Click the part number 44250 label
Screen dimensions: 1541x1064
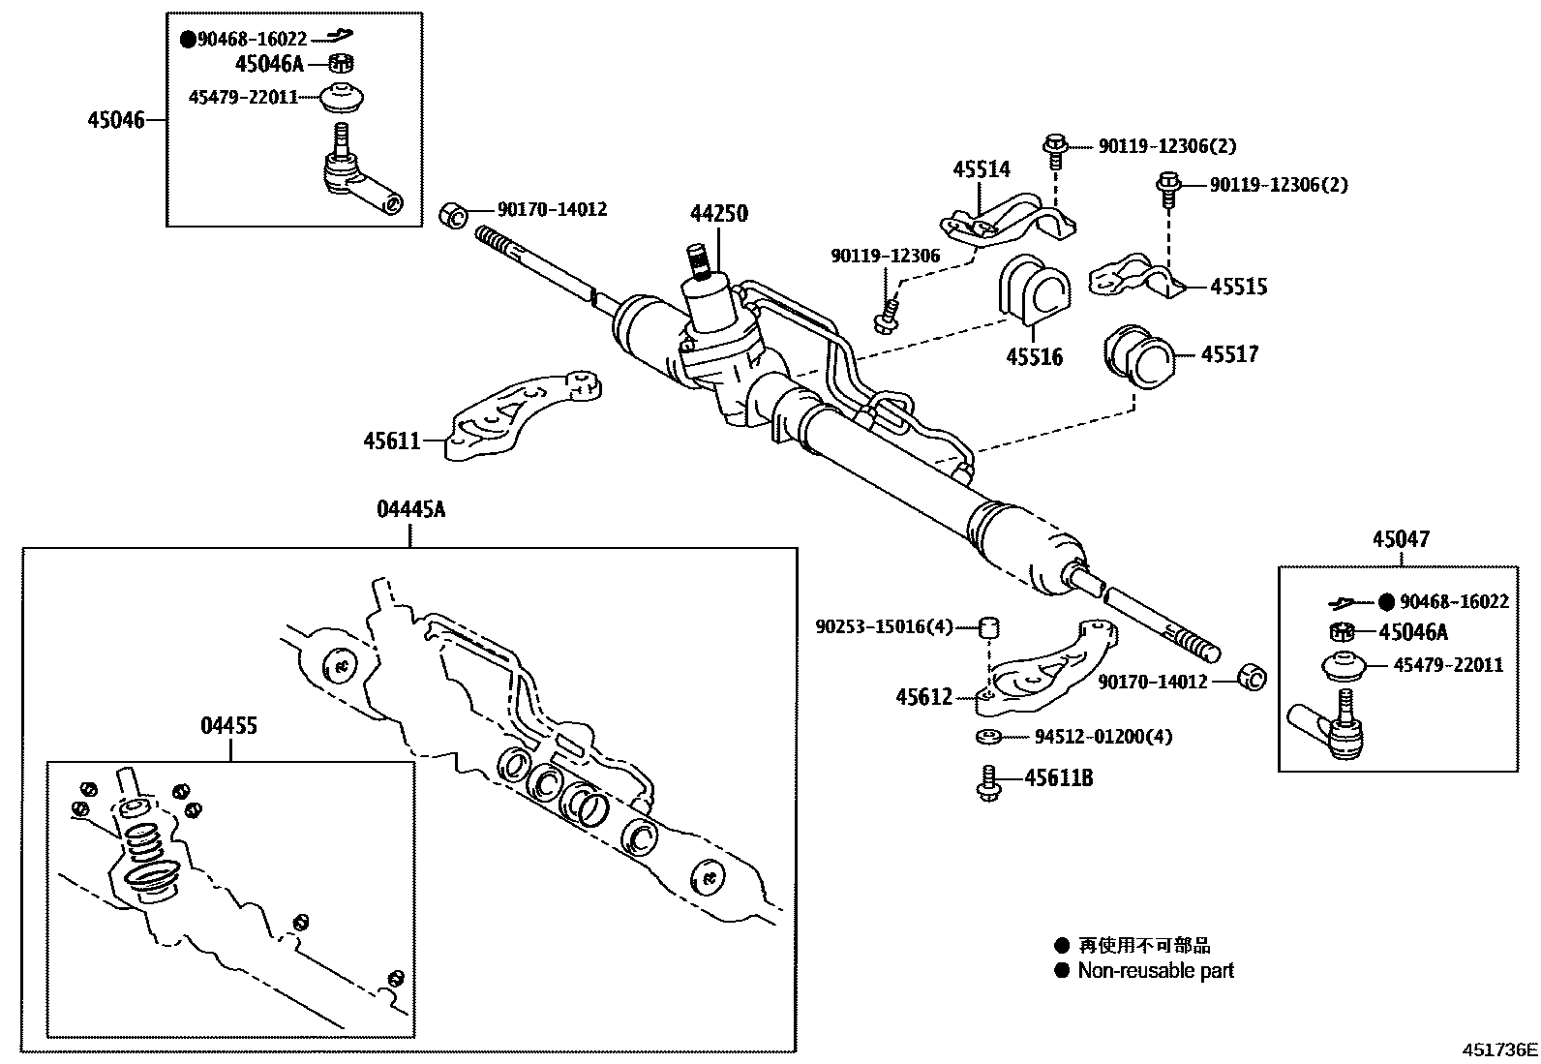[x=718, y=214]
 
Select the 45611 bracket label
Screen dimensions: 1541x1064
[x=391, y=441]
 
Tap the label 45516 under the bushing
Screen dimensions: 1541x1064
[x=1034, y=357]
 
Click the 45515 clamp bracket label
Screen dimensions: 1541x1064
[x=1238, y=287]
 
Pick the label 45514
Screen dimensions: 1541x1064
[x=981, y=169]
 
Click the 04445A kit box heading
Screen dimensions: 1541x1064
[x=410, y=509]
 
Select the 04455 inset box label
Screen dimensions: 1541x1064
[x=229, y=725]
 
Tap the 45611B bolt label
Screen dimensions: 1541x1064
[x=1059, y=778]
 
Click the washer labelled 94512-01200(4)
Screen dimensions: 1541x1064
[x=987, y=738]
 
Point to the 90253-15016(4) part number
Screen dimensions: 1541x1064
[x=884, y=627]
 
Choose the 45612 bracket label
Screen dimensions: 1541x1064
[x=923, y=697]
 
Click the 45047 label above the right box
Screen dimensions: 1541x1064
[x=1400, y=539]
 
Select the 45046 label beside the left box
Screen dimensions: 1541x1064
[x=115, y=120]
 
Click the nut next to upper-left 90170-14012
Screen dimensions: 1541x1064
[x=454, y=213]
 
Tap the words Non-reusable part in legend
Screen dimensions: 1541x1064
[x=1156, y=971]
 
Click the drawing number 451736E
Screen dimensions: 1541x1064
[x=1498, y=1049]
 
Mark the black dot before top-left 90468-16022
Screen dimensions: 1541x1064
[x=188, y=40]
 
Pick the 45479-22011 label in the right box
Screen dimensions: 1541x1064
[x=1448, y=665]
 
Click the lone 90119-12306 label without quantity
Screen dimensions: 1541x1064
[x=885, y=256]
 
